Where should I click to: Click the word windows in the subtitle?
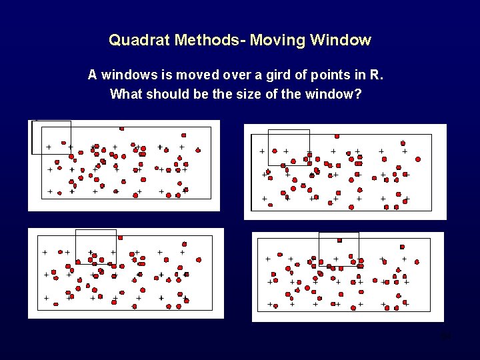[x=124, y=75]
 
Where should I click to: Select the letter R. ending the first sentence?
[x=378, y=75]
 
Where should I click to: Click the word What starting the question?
[x=126, y=93]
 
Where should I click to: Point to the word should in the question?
[x=167, y=93]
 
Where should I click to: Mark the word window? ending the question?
[x=336, y=93]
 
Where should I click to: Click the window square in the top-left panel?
[x=51, y=137]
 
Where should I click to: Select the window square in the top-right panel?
[x=289, y=147]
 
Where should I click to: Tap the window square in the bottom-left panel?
[x=95, y=247]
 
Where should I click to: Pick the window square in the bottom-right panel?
[x=339, y=249]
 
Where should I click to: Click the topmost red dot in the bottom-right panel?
[x=339, y=240]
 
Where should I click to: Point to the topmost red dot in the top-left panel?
[x=121, y=128]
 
